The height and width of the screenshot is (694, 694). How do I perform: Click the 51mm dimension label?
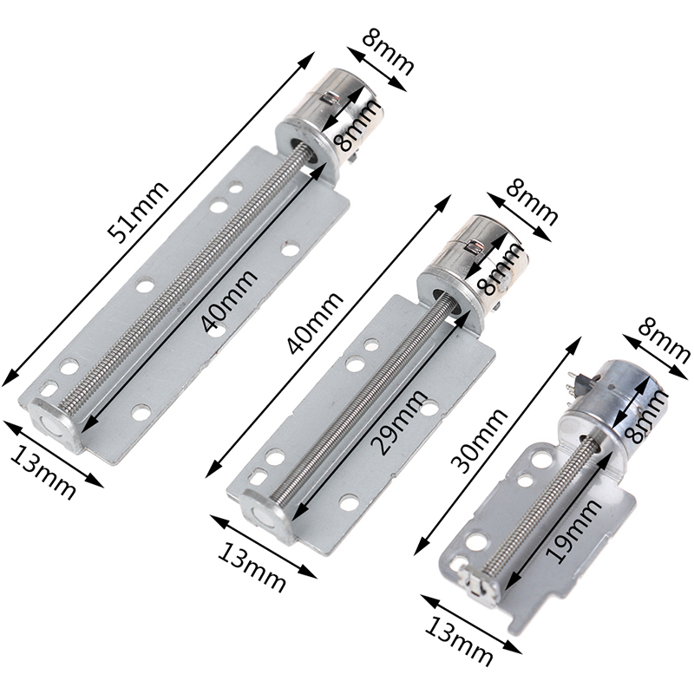(139, 212)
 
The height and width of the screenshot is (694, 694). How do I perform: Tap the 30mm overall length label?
(480, 441)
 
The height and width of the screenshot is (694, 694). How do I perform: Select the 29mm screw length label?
(400, 422)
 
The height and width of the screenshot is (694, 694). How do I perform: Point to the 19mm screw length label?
(573, 530)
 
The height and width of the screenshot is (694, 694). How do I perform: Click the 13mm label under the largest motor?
(42, 471)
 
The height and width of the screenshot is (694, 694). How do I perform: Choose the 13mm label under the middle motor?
(252, 566)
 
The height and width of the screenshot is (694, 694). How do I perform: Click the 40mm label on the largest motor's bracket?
(229, 300)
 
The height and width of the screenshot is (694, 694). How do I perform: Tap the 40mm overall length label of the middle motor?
(315, 323)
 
